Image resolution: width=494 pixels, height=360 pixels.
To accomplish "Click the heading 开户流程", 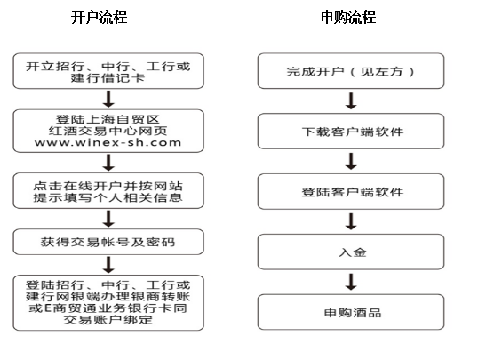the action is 99,18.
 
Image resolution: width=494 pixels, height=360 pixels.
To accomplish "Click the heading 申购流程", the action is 348,18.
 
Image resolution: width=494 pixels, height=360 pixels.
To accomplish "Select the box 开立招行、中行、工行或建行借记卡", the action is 108,71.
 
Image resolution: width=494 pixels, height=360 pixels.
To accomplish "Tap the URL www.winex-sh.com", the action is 108,142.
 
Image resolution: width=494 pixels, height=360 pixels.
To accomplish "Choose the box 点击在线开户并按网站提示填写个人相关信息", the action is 108,191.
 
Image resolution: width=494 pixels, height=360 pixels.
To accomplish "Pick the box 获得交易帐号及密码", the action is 108,242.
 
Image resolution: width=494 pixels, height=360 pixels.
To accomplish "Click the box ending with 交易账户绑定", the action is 108,303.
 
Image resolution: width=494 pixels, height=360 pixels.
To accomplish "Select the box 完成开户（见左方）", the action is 351,71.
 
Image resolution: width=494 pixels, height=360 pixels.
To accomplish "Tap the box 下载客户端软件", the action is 351,132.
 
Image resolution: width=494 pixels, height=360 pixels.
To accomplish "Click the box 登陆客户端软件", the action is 351,191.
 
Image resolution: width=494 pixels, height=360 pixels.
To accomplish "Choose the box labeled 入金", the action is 351,252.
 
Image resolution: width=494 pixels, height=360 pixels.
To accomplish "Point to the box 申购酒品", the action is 351,312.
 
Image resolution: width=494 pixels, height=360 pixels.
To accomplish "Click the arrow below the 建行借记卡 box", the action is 108,99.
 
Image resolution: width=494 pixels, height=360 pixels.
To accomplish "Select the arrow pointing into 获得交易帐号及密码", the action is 108,219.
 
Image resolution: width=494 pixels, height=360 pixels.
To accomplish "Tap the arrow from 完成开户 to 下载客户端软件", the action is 351,100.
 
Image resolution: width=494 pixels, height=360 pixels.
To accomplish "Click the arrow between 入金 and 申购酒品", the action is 351,282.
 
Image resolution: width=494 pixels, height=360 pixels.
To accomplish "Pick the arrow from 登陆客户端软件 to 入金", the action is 351,221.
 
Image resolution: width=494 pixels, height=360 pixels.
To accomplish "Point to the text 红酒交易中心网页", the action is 108,131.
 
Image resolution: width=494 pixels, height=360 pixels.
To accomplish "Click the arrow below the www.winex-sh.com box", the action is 108,163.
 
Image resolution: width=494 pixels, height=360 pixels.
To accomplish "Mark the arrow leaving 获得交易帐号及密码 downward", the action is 108,265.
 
